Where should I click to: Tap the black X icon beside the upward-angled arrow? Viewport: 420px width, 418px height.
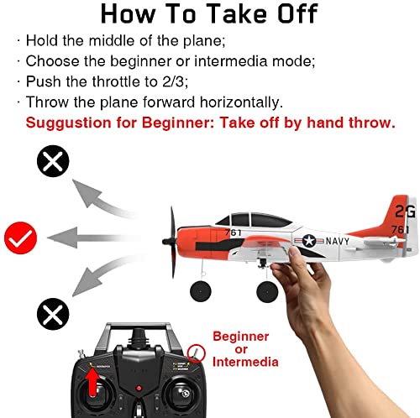click(52, 162)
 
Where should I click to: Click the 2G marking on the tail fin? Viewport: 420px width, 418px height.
click(405, 210)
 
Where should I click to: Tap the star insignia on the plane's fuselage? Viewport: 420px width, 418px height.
click(307, 243)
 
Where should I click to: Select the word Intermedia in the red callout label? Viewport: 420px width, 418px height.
click(240, 363)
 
